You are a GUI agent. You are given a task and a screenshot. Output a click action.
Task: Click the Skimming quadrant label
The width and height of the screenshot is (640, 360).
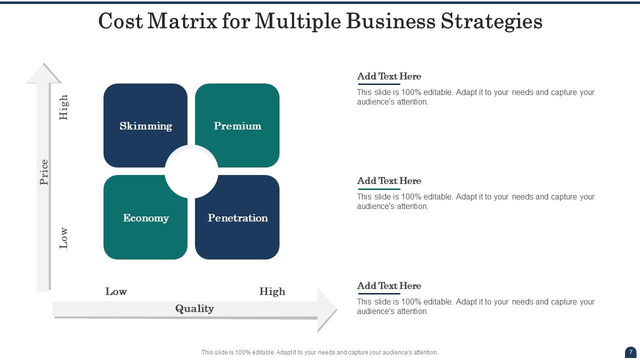coord(145,126)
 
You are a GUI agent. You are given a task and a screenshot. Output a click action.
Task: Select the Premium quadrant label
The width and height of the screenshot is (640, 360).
coord(237,126)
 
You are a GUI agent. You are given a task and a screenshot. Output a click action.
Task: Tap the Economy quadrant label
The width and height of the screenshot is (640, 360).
coord(145,218)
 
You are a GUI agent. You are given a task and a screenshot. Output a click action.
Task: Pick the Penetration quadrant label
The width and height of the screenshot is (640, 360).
coord(237,218)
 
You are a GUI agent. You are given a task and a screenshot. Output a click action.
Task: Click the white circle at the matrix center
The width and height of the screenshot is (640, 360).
coord(191,171)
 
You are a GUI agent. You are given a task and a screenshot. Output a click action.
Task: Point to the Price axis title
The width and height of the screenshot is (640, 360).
coord(44,172)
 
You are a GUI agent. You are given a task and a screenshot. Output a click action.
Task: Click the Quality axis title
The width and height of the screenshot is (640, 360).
coord(194,308)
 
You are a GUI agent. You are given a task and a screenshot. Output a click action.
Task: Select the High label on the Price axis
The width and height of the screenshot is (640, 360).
coord(63,107)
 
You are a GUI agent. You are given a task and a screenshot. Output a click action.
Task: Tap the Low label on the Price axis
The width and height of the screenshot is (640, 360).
coord(63,238)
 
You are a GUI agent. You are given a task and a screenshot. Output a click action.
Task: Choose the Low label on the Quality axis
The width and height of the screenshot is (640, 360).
coord(116,291)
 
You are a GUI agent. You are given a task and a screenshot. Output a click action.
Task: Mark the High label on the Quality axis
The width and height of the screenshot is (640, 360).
coord(272,291)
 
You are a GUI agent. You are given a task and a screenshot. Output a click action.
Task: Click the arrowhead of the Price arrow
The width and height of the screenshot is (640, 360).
coord(44,73)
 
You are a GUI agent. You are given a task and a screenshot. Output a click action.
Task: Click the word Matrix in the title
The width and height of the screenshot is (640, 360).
coord(182,21)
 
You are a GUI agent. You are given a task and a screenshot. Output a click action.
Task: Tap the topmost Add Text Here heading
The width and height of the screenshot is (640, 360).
coord(389,76)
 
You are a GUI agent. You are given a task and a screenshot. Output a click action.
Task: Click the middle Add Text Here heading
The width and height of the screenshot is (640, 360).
coord(389,181)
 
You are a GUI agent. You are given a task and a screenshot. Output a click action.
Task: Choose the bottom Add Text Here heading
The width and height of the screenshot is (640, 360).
coord(389,286)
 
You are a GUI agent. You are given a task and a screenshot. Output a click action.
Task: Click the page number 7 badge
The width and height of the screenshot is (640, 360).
coord(630,352)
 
